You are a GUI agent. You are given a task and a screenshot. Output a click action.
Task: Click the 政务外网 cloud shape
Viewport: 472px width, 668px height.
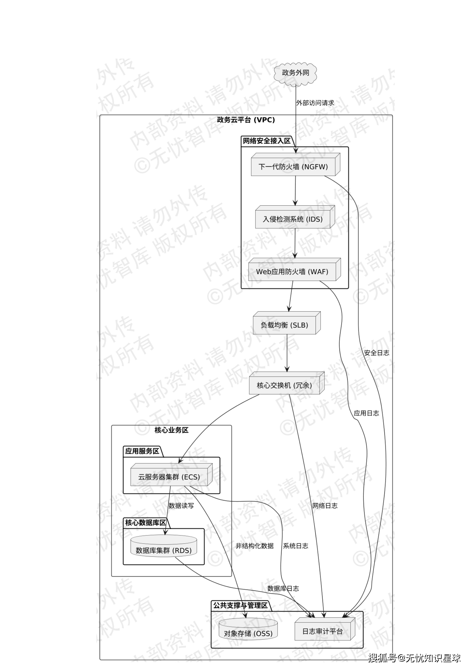(x=295, y=73)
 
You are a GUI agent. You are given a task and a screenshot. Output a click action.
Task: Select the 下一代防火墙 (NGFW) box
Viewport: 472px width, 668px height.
(x=293, y=167)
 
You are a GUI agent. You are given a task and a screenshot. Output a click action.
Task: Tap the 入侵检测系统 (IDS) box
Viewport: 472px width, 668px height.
(x=293, y=219)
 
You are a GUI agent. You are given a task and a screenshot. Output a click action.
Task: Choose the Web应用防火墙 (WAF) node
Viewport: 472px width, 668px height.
(x=292, y=272)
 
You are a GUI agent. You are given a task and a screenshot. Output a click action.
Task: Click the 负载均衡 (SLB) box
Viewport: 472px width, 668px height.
(x=284, y=325)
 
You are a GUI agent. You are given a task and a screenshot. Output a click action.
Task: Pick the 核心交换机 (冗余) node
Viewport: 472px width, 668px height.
(x=284, y=385)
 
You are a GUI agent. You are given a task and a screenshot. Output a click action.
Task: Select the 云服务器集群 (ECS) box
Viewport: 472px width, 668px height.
(x=169, y=477)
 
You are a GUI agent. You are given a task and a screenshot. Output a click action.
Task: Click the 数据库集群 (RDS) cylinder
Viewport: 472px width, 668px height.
(x=164, y=550)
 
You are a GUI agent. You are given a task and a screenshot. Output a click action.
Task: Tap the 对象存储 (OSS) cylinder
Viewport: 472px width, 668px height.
(x=248, y=633)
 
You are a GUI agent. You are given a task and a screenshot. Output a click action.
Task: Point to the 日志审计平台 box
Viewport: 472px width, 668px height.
(x=323, y=631)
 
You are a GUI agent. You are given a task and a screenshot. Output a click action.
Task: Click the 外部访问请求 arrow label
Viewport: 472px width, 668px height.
(x=315, y=103)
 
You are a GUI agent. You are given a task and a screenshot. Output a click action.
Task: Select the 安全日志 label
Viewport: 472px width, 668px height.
(x=377, y=353)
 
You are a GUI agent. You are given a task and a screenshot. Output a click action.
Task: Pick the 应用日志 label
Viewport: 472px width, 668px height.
(x=366, y=413)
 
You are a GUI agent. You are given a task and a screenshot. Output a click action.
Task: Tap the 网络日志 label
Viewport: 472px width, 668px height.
(x=325, y=506)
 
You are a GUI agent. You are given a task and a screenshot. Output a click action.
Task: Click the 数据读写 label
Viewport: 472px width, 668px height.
(x=181, y=506)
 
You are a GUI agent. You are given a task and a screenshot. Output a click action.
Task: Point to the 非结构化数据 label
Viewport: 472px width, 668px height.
(x=255, y=546)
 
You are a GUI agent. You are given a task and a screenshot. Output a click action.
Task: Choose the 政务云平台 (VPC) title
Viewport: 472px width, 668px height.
(x=246, y=120)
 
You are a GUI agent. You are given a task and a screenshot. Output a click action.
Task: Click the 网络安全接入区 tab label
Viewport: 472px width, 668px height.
(x=266, y=141)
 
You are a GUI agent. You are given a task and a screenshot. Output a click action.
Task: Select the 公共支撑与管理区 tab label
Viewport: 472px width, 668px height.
(x=240, y=605)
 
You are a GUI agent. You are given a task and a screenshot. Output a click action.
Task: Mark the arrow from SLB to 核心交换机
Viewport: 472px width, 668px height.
(x=287, y=353)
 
